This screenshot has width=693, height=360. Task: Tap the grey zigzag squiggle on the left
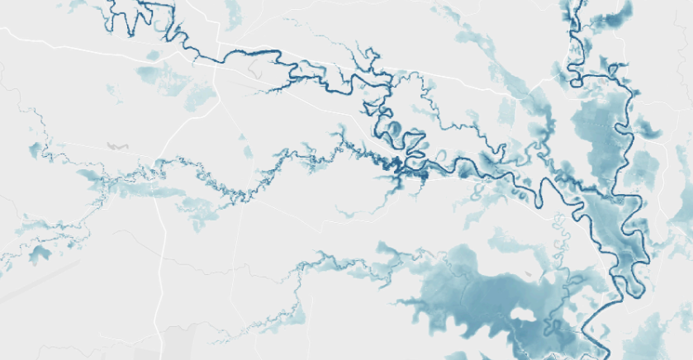118,145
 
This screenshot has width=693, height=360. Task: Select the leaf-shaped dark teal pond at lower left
37,254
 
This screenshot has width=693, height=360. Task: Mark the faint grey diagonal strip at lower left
33,285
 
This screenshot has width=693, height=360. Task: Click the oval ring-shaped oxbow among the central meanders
394,129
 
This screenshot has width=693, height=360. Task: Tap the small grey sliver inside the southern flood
524,272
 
